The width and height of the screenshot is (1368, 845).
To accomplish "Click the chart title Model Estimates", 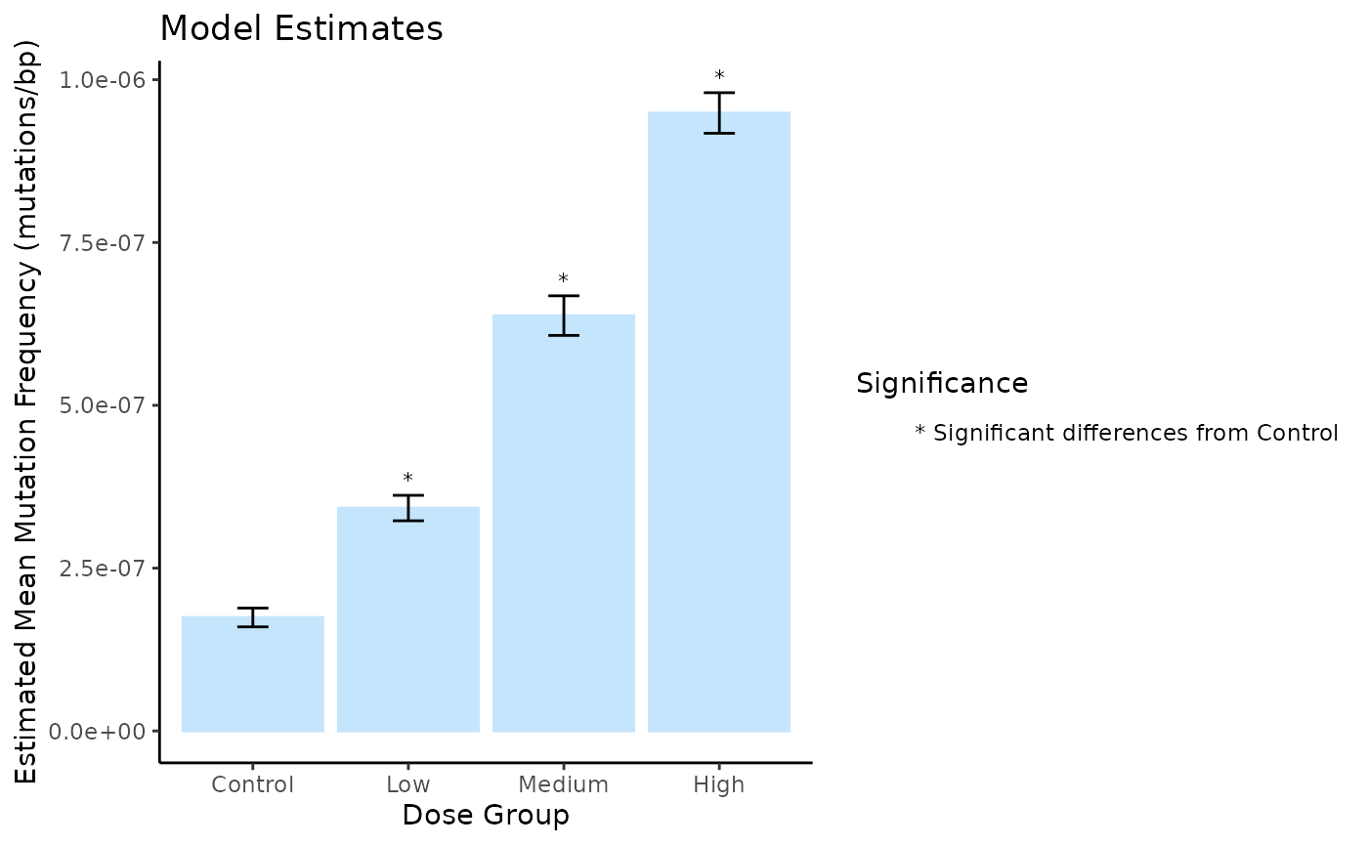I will pos(301,29).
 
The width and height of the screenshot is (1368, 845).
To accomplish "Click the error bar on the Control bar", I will pos(253,616).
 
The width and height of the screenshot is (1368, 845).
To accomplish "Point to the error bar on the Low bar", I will pos(408,508).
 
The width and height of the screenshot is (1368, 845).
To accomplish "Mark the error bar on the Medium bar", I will pos(564,315).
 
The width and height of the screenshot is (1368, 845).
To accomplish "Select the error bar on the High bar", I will pos(719,112).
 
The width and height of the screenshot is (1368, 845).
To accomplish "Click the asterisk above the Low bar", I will pos(408,479).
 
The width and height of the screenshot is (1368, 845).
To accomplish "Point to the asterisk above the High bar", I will pos(719,76).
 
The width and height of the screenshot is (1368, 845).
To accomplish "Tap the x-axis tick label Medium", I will pos(564,784).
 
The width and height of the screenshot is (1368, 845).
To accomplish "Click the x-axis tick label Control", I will pos(253,784).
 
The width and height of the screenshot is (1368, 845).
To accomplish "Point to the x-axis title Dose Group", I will pos(486,815).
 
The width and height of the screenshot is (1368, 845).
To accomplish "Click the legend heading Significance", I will pos(942,384).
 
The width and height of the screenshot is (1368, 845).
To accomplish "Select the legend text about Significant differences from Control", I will pos(1127,433).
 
